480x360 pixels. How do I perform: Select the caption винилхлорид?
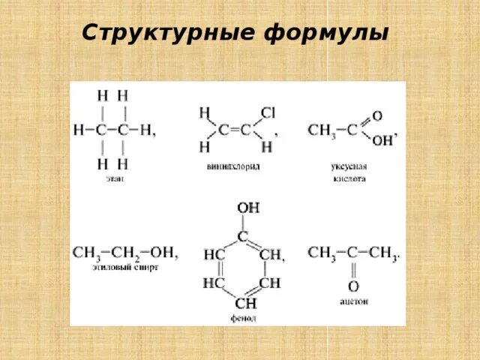pyautogui.click(x=232, y=166)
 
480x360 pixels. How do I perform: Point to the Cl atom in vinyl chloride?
pyautogui.click(x=268, y=112)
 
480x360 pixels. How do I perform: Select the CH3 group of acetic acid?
pyautogui.click(x=320, y=130)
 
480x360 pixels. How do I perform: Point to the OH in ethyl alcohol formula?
pyautogui.click(x=163, y=252)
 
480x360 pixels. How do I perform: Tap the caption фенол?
pyautogui.click(x=243, y=318)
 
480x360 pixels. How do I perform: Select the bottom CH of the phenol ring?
pyautogui.click(x=245, y=303)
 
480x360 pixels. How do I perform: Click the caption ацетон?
pyautogui.click(x=352, y=301)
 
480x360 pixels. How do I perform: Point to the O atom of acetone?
pyautogui.click(x=352, y=286)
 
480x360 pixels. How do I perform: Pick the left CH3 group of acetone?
pyautogui.click(x=321, y=252)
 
